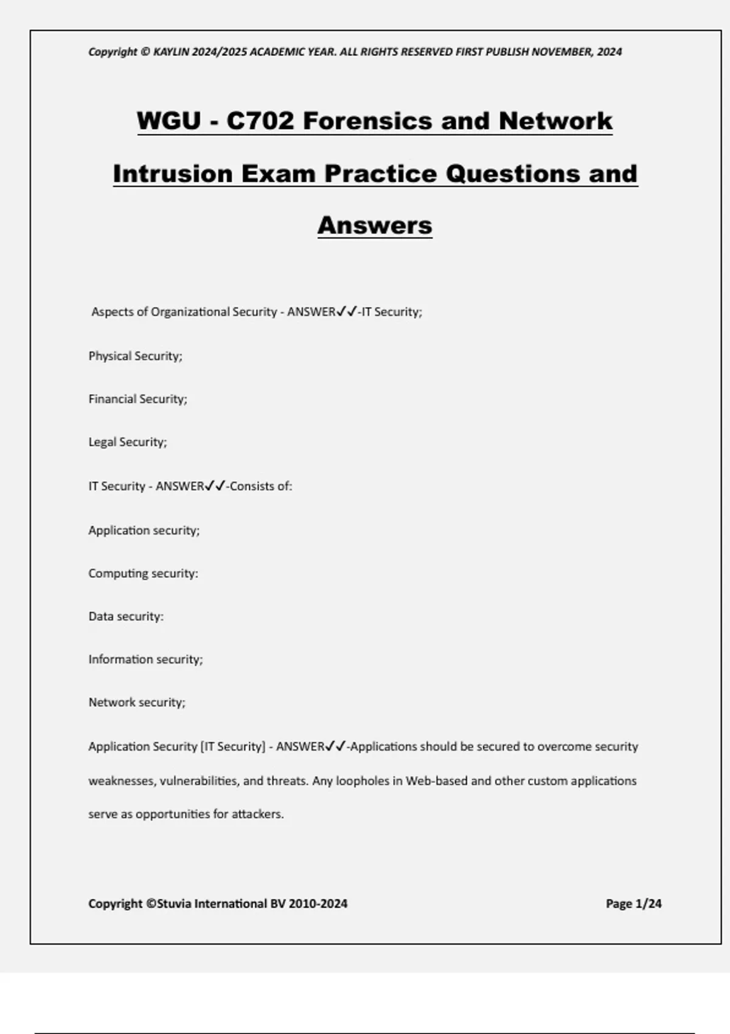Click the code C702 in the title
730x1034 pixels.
(x=260, y=120)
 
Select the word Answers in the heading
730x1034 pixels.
(x=375, y=225)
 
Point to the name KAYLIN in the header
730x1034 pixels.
(x=172, y=52)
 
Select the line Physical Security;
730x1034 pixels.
(x=135, y=356)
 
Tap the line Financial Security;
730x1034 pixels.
(x=137, y=399)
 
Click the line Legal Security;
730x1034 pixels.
(x=127, y=442)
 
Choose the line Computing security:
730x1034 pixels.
(x=143, y=574)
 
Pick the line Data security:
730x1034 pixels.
(x=126, y=617)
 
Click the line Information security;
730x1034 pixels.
(x=145, y=659)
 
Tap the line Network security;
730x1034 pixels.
(x=137, y=703)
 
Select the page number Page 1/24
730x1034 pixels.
(x=633, y=904)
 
